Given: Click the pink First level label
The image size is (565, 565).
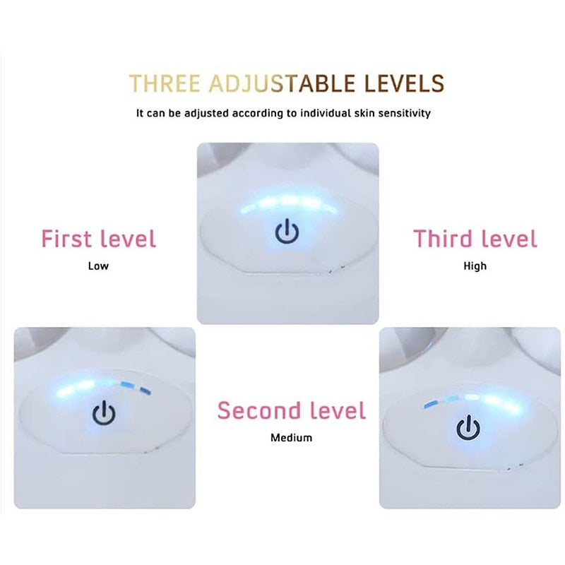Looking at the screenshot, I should point(98,239).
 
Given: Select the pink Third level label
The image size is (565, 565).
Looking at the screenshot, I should point(475,239).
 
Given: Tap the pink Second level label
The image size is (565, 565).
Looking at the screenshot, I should point(291,410).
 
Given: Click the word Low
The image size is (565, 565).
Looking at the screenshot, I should point(98,266).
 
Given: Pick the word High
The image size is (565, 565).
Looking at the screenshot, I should point(475,266).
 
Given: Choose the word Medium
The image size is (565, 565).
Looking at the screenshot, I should point(291,438).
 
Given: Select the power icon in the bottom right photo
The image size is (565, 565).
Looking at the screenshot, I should point(467,428).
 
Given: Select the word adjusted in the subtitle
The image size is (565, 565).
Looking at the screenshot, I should point(203,113).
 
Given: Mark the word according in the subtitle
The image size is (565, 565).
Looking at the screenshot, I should point(256,113).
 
